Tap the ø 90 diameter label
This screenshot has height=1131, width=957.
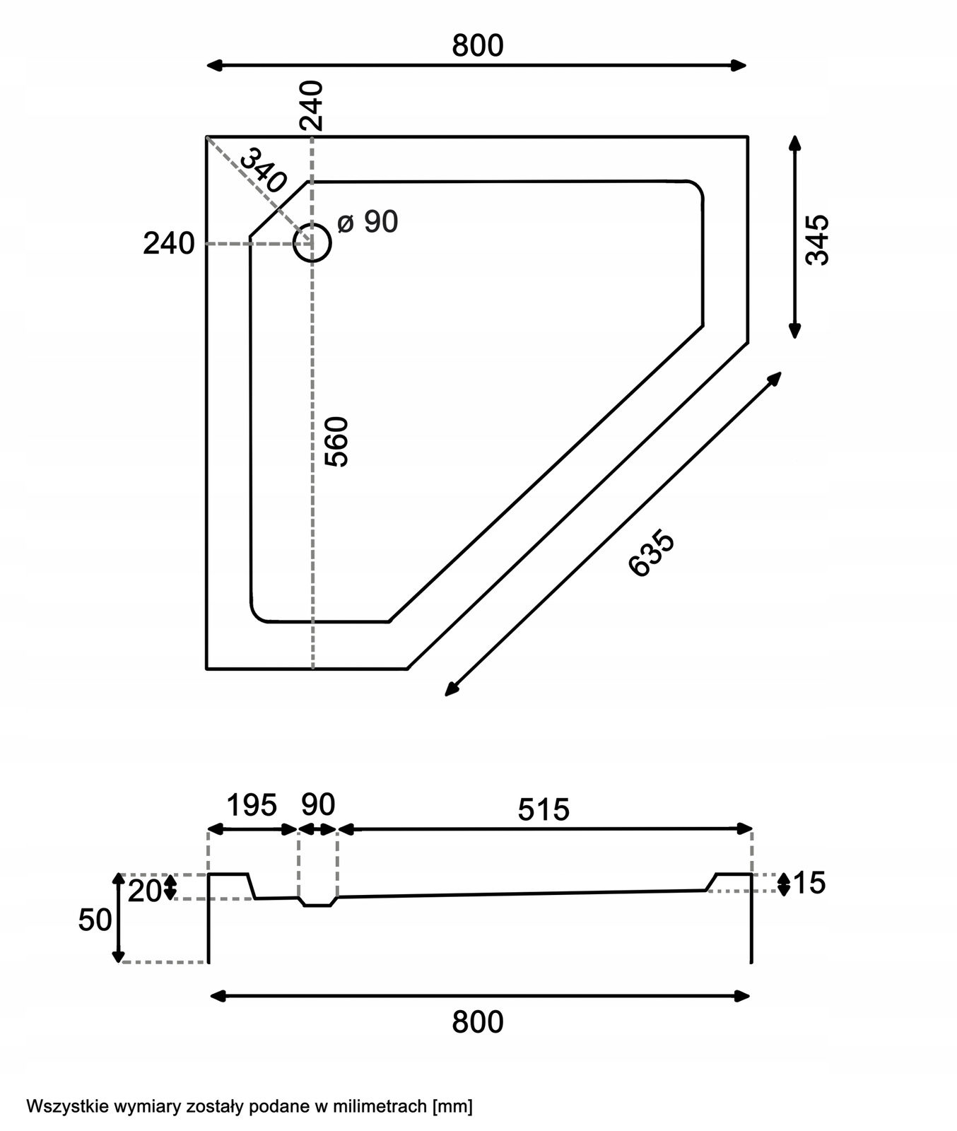(x=368, y=222)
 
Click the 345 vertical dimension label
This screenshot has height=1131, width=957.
(x=817, y=240)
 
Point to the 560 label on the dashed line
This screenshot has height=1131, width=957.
(x=337, y=442)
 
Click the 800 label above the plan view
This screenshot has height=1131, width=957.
(x=478, y=46)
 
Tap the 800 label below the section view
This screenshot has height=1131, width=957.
(x=478, y=1022)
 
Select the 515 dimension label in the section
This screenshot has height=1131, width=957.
(x=544, y=810)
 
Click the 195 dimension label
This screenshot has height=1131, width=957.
(x=252, y=805)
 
